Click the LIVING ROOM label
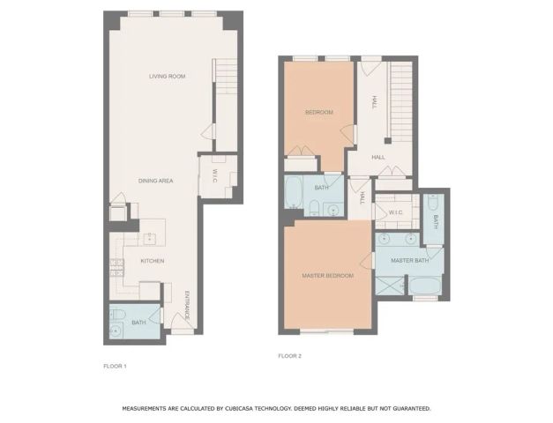pos(167,77)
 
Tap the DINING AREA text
pos(155,181)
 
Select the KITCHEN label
pos(153,261)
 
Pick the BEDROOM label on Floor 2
pos(318,113)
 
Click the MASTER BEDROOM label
pos(327,276)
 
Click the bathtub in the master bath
pos(425,287)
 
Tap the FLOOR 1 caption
pos(116,365)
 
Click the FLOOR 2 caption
pos(290,356)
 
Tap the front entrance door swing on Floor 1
pos(183,328)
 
